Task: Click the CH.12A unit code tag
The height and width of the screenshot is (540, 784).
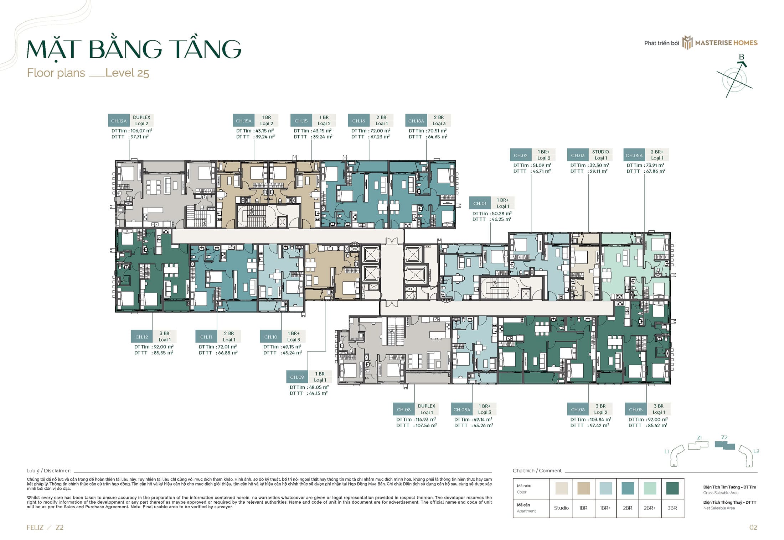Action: (119, 121)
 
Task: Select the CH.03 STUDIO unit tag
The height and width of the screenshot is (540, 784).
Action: (578, 155)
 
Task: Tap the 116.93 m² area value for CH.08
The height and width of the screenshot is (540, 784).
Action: (425, 419)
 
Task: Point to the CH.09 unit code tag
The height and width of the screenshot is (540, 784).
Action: (297, 377)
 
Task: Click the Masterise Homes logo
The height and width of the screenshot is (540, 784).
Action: (720, 43)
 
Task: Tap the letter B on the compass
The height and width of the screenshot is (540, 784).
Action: (742, 57)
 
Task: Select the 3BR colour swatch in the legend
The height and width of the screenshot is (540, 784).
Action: (672, 488)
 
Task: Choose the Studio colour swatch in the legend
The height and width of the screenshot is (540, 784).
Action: (562, 488)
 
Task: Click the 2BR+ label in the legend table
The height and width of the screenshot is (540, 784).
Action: (650, 508)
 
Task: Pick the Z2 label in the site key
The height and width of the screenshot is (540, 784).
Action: (724, 437)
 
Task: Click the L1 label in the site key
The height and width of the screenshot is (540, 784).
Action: (666, 451)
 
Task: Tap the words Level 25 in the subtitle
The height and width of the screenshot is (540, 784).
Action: (127, 73)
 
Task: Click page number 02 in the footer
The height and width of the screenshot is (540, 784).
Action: (753, 528)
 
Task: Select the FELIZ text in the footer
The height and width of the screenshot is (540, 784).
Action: (35, 528)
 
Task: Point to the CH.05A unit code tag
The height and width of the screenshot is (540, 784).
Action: (634, 155)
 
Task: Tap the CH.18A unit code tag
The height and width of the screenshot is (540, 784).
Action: (416, 121)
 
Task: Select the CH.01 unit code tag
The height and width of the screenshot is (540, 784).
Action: (480, 203)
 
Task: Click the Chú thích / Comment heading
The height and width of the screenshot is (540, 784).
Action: (537, 471)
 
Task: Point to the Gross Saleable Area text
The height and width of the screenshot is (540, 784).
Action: (721, 493)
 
